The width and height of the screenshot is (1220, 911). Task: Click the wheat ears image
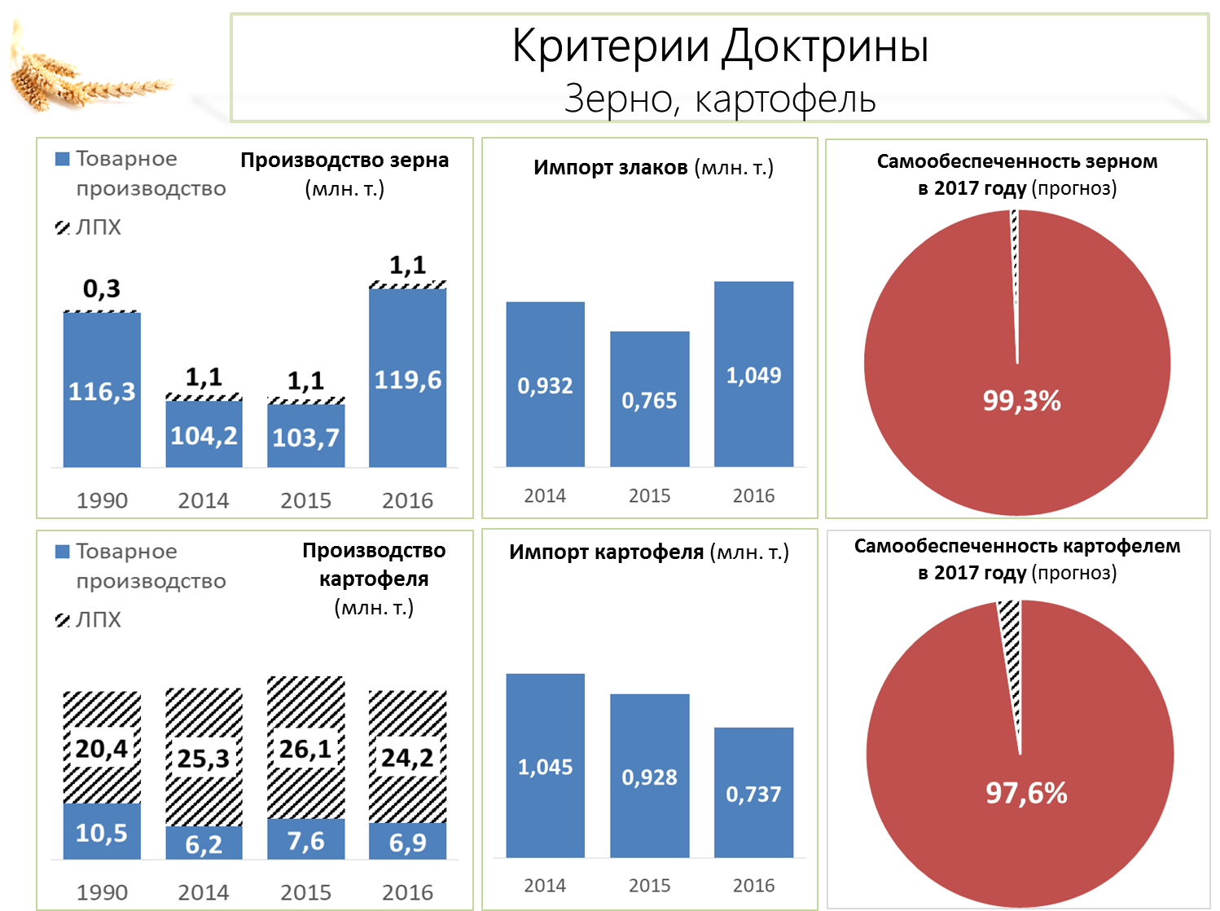coord(89,69)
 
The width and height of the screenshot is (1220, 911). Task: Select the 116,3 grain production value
coord(102,392)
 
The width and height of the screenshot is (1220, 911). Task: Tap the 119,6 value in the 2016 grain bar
coord(407,381)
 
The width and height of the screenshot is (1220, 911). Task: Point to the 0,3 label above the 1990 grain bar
coord(102,288)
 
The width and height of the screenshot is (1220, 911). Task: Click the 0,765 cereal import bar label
coord(649,401)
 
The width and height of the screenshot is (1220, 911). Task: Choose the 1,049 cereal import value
coord(753,376)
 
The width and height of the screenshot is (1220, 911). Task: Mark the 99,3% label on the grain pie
coord(1021,401)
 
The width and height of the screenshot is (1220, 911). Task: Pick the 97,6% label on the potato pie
coord(1026,793)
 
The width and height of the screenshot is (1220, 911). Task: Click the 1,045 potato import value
coord(545,768)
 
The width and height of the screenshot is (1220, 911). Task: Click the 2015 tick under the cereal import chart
coord(649,495)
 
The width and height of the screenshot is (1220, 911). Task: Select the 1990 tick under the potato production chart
coord(102,892)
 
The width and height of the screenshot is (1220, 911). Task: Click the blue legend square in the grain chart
coord(62,159)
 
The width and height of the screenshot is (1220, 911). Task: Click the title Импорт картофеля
coord(606,552)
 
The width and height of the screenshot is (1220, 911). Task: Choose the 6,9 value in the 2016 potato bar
coord(407,843)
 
